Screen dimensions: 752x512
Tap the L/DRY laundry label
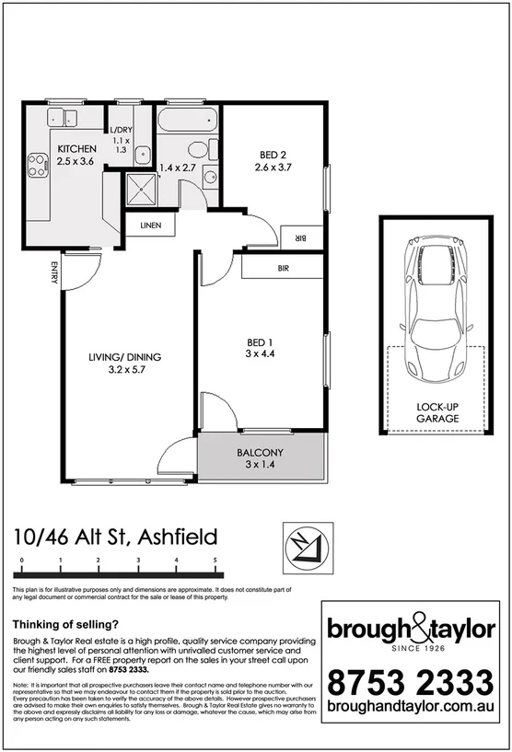[x=121, y=132]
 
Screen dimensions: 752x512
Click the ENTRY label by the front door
[x=54, y=273]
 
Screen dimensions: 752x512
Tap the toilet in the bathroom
[x=198, y=150]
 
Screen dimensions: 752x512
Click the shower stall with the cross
[x=142, y=189]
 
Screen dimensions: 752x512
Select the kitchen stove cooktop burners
[x=38, y=165]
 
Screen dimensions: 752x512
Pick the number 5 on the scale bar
[x=215, y=560]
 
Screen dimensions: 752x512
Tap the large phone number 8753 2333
[x=411, y=684]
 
